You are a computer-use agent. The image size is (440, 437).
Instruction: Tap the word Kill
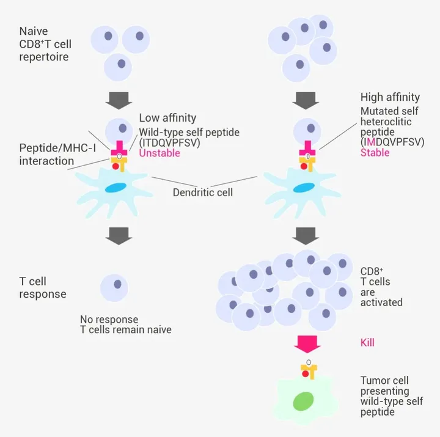click(367, 342)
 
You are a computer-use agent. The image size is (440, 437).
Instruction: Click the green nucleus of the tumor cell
click(303, 401)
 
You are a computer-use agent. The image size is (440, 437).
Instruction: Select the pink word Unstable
click(159, 153)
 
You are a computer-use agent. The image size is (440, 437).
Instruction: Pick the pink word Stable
click(375, 152)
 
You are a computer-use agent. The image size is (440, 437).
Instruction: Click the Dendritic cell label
click(203, 193)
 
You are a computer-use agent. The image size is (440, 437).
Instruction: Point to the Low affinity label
click(167, 118)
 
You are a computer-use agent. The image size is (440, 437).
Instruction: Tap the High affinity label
click(390, 97)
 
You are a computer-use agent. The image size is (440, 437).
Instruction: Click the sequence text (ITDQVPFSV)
click(169, 142)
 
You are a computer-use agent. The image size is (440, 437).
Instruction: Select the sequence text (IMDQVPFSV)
click(392, 142)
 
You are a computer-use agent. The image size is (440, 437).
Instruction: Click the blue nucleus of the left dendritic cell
click(116, 188)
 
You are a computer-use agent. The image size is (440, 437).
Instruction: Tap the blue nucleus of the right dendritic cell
click(304, 188)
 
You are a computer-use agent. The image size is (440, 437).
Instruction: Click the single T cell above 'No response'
click(114, 288)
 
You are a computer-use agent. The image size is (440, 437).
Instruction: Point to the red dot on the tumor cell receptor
click(306, 374)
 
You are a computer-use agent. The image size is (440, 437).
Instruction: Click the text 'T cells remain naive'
click(126, 329)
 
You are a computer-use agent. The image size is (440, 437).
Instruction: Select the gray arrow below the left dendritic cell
click(119, 236)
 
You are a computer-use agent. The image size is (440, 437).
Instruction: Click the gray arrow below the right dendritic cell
click(306, 236)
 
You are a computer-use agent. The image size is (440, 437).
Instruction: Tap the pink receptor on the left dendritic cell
click(119, 149)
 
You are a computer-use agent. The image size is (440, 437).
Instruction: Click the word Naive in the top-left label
click(34, 31)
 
